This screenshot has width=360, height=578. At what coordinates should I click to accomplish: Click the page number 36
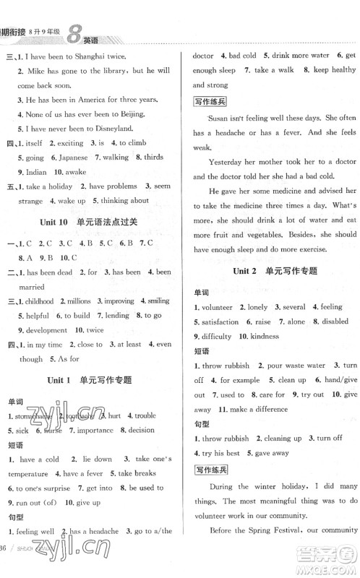pos(9,566)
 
